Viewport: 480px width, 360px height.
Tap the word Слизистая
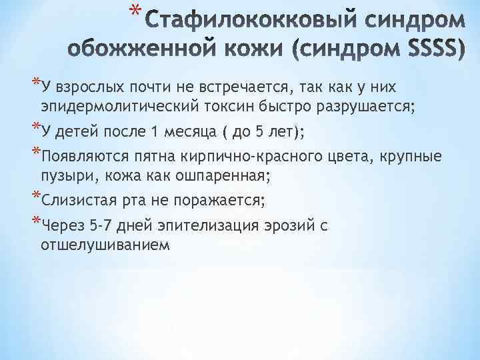pos(75,201)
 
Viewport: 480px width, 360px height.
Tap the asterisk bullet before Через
pos(36,223)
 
